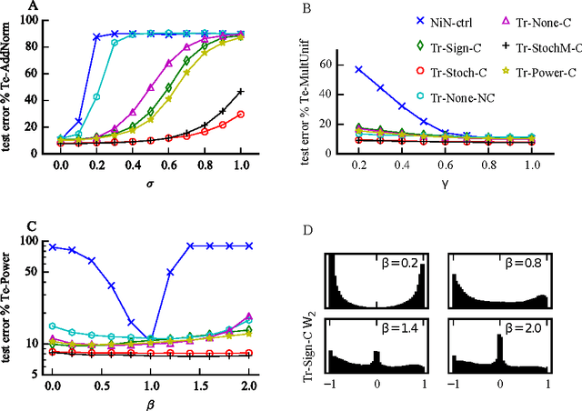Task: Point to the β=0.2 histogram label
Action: click(x=402, y=265)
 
